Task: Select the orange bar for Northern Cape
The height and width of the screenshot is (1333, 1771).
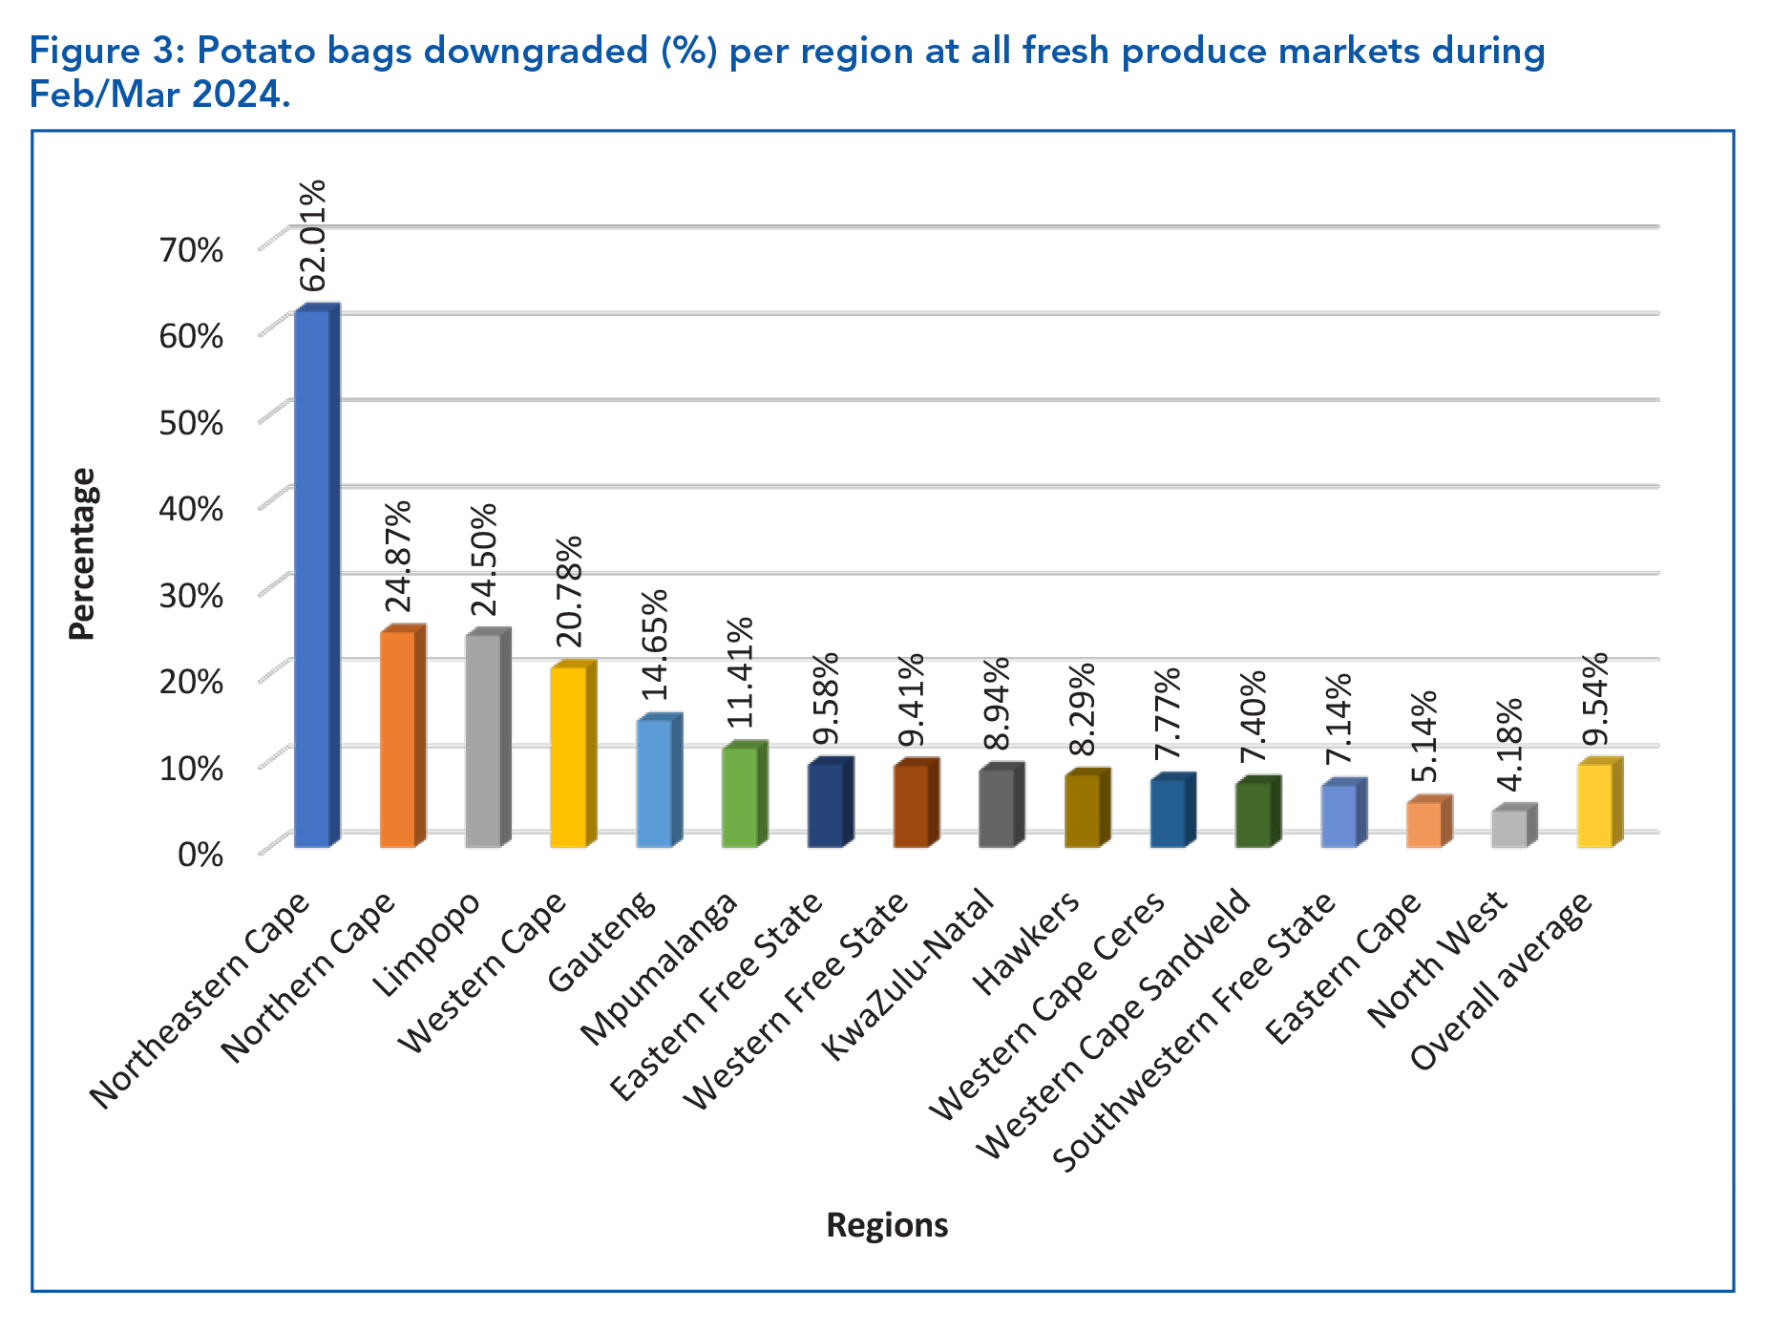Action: coord(397,739)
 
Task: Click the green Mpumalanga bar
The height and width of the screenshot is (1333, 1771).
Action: coord(740,797)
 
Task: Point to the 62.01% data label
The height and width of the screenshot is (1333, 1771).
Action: coord(313,235)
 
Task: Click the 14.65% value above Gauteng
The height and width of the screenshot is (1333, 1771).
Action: coord(654,645)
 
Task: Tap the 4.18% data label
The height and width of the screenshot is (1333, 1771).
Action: coord(1509,746)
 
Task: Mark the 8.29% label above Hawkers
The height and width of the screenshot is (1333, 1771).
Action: coord(1082,709)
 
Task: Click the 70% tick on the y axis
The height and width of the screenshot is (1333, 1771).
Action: coord(191,250)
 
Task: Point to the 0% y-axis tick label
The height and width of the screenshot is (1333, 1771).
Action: coord(200,854)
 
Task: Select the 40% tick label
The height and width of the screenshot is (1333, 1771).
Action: coord(191,509)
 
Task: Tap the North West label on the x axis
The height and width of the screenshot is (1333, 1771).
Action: coord(1437,960)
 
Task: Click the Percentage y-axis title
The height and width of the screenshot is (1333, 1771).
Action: coord(83,554)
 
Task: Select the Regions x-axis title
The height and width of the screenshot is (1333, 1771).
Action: coord(887,1225)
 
